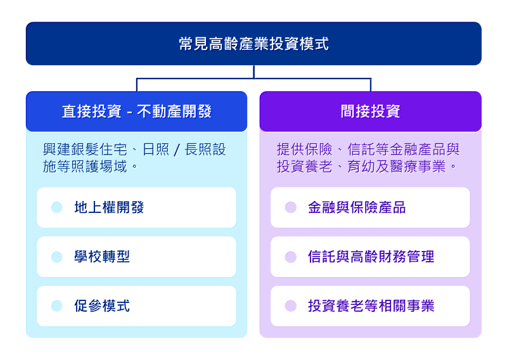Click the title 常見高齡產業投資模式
coord(253,44)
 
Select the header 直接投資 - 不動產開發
coord(136,112)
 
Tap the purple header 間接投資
coord(370,112)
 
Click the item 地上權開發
coord(109,207)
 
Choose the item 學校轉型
coord(102,257)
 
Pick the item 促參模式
coord(102,306)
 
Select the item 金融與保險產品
coord(357,207)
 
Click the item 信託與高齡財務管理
coord(371,257)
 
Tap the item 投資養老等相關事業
coord(371,306)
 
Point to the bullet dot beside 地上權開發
coord(57,207)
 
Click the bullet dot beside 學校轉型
coord(57,257)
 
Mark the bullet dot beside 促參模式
coord(57,306)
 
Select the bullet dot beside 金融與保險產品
coord(291,207)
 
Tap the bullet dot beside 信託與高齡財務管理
coord(291,257)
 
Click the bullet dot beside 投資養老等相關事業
coord(291,306)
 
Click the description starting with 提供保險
coord(368,158)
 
